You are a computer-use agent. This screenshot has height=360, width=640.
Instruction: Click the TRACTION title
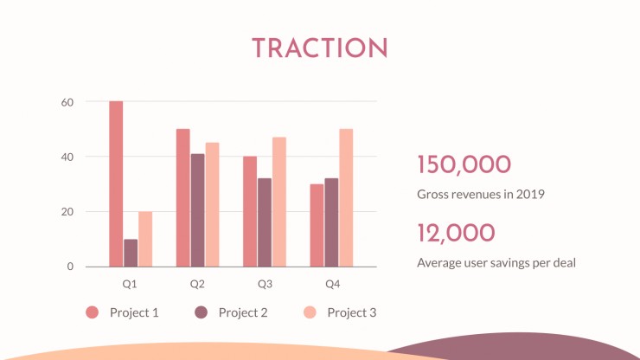point(320,48)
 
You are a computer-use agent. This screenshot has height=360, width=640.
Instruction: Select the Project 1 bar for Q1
point(116,183)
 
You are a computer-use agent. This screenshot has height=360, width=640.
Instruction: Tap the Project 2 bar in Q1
point(131,253)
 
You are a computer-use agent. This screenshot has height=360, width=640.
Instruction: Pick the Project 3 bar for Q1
point(145,239)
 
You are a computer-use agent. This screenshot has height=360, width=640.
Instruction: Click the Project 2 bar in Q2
point(197,210)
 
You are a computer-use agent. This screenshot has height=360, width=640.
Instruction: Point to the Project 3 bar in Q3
point(279,202)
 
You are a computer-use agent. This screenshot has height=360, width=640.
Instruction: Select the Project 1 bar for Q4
point(317,225)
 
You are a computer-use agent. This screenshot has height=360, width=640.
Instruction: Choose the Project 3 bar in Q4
point(346,198)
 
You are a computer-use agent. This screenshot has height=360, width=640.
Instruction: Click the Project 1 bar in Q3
point(250,211)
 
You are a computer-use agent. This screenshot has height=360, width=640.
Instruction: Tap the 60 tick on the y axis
point(67,103)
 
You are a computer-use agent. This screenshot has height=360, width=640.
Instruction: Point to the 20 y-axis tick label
point(67,212)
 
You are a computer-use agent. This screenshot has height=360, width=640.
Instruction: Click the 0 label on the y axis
point(70,267)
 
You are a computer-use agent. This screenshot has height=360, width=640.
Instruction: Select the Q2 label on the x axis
point(197,284)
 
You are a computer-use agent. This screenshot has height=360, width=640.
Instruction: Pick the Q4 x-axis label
point(333,284)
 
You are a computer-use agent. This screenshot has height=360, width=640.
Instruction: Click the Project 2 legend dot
point(201,312)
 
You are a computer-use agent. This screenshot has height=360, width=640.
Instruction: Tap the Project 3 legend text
point(352,312)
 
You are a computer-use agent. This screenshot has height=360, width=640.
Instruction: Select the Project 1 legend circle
point(93,312)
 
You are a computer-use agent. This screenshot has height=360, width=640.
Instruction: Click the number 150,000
point(464,164)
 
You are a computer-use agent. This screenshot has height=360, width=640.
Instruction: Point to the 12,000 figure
point(457,233)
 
